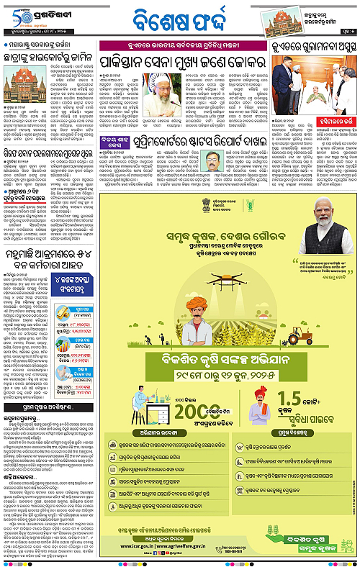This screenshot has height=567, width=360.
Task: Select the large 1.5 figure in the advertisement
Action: click(294, 397)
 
